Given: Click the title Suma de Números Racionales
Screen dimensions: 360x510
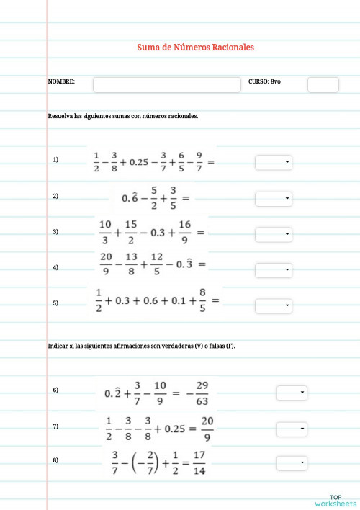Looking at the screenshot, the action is tap(195, 48).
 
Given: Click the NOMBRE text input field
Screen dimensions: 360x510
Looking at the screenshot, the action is tap(166, 85).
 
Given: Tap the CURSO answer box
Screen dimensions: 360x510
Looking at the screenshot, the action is tap(323, 85).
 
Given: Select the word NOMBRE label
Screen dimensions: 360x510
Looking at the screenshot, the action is tap(61, 83).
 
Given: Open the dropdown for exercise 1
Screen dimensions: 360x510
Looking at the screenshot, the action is tap(274, 163).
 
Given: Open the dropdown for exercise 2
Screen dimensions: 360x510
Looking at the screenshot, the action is tap(274, 198).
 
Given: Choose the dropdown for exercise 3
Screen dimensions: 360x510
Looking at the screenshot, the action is tap(274, 235).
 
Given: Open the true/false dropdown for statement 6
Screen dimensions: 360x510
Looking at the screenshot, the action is tap(292, 393).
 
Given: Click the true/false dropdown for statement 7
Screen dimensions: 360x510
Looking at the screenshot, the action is tap(292, 428).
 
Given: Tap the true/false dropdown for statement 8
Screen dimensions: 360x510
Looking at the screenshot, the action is tap(292, 463).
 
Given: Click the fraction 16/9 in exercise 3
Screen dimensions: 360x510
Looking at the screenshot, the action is tap(184, 232).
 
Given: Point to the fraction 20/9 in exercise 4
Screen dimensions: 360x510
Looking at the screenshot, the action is tap(106, 264).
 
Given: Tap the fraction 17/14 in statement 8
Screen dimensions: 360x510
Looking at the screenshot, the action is tap(200, 463).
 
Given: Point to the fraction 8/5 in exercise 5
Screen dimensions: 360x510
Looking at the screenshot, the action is tap(202, 300).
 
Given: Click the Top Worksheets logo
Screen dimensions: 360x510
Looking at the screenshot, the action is tap(336, 500).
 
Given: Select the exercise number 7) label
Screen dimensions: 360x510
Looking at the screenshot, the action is tap(55, 426).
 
